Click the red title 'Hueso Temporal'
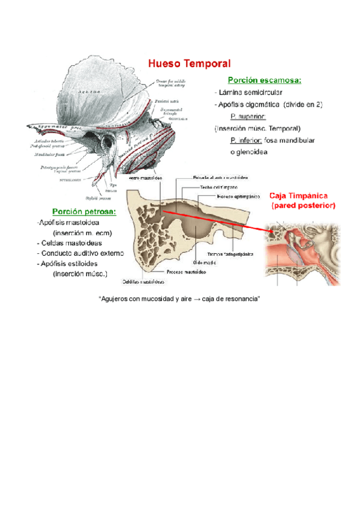pos(189,63)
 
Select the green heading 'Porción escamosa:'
pos(264,80)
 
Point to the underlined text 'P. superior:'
pos(248,116)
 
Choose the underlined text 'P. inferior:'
pos(247,140)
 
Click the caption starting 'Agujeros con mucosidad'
pos(178,298)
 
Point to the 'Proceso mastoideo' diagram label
pos(187,271)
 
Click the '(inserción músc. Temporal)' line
pos(257,128)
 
